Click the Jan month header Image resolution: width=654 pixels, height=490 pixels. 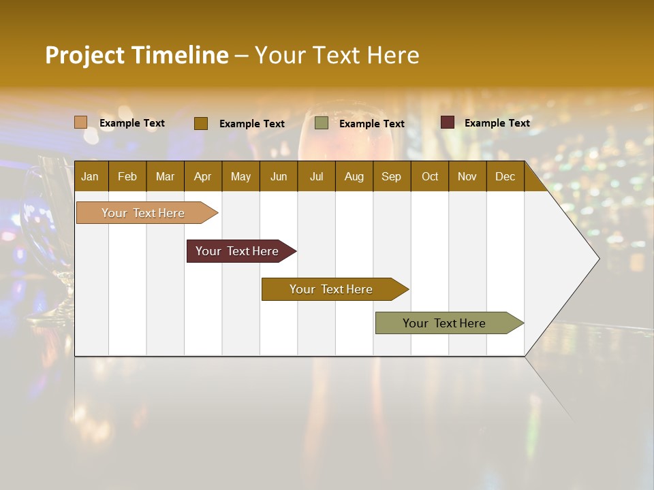coord(90,176)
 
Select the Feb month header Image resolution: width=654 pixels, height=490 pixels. coord(127,176)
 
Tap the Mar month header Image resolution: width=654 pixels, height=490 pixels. coord(165,176)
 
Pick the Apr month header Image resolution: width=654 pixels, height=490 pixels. coord(203,176)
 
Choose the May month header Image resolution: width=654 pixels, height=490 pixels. coord(240,176)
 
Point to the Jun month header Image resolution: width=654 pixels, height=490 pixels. coord(279,176)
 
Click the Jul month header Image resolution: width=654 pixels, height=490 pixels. coord(316,176)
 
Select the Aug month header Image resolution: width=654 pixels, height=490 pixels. coord(354,176)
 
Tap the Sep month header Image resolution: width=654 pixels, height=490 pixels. coord(392,176)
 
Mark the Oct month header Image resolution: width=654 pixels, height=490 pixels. coord(430,176)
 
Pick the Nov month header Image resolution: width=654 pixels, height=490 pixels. coord(467,176)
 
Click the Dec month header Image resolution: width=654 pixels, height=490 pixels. coord(505,176)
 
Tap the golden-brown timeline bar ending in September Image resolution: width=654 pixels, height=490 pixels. coord(332,289)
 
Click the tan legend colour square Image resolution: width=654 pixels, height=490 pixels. coord(81,122)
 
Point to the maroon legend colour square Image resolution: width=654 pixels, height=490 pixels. coord(448,122)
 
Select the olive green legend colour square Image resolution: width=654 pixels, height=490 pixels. coord(322,123)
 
